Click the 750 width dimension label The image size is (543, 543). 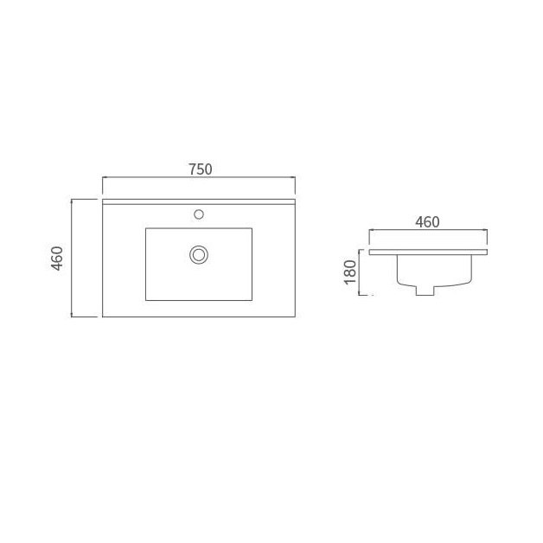[x=201, y=169]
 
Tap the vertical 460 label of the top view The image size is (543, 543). [x=57, y=259]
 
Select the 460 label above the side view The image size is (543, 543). [x=427, y=222]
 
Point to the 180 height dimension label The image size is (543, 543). [x=350, y=271]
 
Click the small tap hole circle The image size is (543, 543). [x=199, y=214]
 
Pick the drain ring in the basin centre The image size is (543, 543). [x=199, y=255]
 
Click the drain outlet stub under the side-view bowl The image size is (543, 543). [x=425, y=291]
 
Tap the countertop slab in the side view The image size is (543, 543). [x=428, y=252]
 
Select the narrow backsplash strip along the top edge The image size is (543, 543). [x=199, y=201]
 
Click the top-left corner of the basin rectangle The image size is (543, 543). [x=146, y=228]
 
